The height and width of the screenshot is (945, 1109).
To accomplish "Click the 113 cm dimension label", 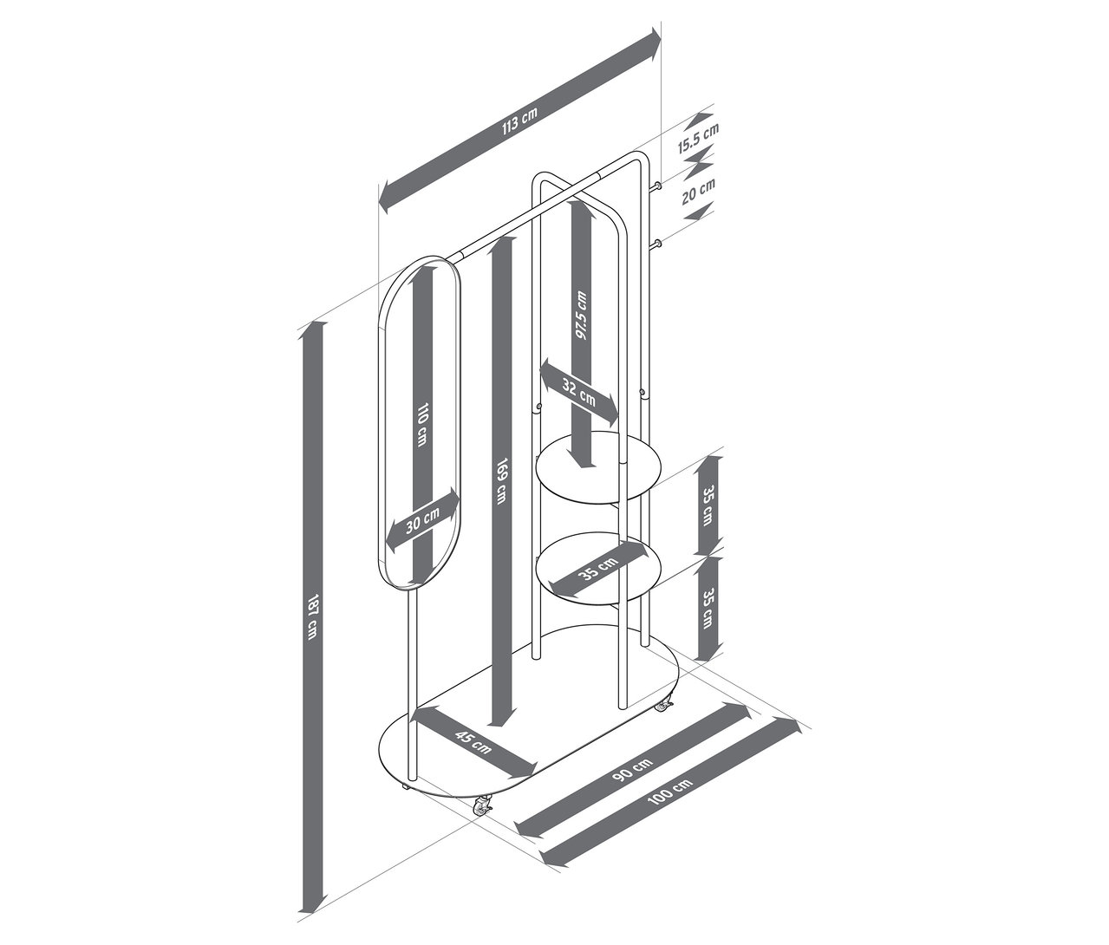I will click(520, 120).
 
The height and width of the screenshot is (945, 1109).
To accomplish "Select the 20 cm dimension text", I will click(699, 191).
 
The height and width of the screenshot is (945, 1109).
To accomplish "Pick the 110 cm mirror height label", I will click(422, 425).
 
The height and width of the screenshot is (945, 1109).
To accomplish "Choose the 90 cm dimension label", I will click(632, 769).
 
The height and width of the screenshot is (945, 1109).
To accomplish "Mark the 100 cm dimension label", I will click(670, 793).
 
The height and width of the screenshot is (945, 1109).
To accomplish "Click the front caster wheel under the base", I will click(481, 807).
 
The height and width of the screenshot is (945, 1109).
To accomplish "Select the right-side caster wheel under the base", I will click(663, 706).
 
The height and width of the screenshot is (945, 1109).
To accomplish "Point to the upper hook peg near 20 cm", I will click(658, 186).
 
